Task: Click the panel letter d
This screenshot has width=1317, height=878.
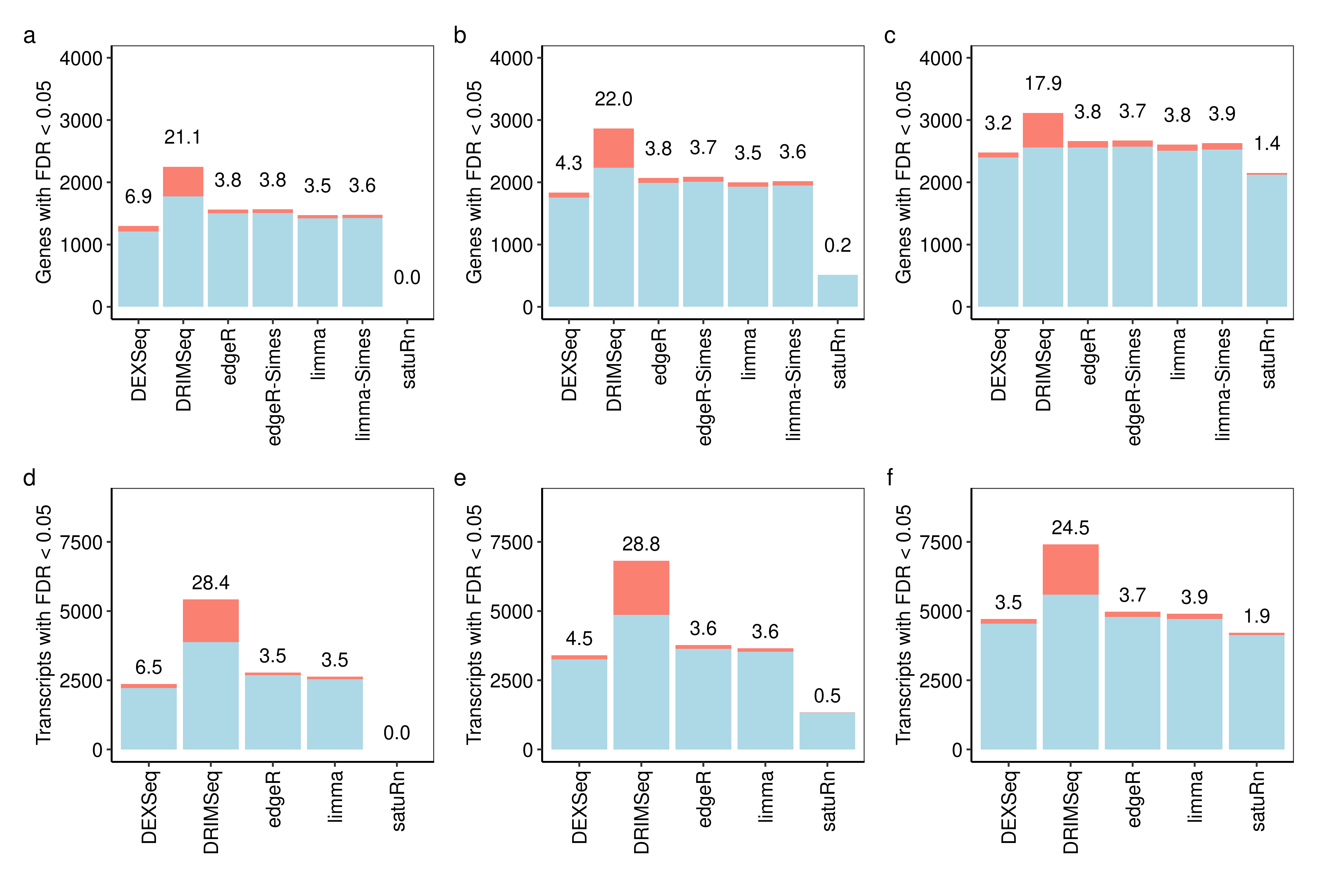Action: point(29,478)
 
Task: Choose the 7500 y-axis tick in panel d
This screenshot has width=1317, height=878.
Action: point(81,542)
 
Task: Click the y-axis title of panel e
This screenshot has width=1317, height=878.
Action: point(474,624)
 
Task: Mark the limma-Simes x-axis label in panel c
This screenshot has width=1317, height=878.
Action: point(1222,384)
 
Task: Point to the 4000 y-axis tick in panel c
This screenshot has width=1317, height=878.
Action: point(941,58)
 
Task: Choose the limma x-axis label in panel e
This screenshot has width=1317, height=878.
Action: point(765,796)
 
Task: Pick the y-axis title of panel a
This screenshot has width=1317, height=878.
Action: point(44,182)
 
